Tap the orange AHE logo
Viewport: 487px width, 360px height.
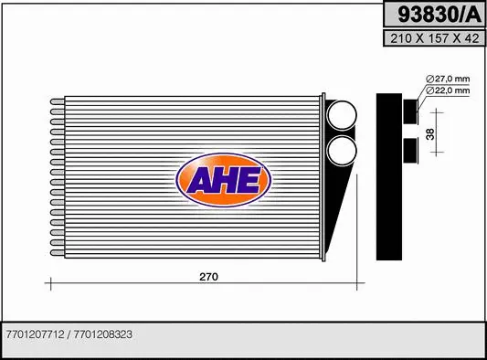point(224,180)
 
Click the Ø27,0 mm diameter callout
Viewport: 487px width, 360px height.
point(450,79)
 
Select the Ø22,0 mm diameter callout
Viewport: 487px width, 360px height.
point(450,90)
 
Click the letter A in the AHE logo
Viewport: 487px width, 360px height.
point(200,181)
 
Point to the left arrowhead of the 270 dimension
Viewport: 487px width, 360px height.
point(49,284)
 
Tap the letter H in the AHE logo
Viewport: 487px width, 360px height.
point(225,180)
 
